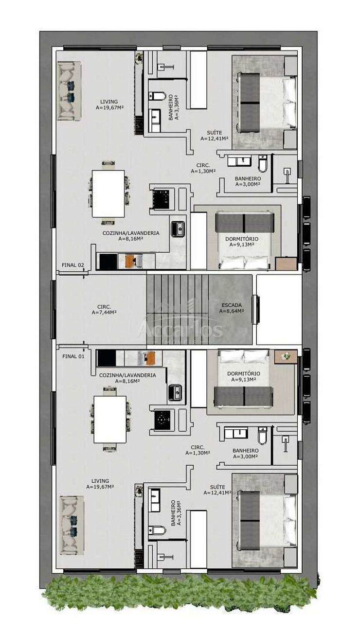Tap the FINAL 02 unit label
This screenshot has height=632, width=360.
coord(73,265)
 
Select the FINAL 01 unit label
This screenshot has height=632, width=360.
coord(73,356)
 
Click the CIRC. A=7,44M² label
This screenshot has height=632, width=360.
coord(104,310)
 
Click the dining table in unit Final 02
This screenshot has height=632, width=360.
coord(108,193)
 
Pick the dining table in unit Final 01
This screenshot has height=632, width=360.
coord(110,420)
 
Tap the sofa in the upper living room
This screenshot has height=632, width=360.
coord(69,91)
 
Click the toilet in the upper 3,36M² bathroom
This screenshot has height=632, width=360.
coord(157,96)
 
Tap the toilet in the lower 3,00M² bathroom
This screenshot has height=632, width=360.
coord(263,436)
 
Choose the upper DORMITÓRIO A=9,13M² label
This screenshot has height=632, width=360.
coord(242,242)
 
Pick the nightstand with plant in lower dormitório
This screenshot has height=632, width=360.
coord(286,357)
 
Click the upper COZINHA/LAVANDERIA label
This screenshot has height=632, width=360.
coord(131,236)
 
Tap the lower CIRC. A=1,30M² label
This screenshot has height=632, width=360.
coord(198,450)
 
